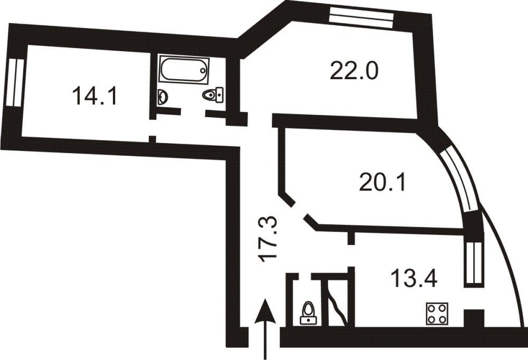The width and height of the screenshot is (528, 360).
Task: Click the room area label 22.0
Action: [x=354, y=71]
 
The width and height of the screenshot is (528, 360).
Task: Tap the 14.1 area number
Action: [x=95, y=96]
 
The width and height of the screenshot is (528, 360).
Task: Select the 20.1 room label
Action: [x=383, y=182]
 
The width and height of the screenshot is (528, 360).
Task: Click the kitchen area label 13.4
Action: [x=414, y=278]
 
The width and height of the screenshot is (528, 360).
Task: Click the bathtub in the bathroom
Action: [x=184, y=70]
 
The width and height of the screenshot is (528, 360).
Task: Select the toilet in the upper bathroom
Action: [x=213, y=94]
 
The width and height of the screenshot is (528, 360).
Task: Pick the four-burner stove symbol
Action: [x=437, y=314]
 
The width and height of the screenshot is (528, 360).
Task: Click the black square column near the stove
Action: [x=474, y=319]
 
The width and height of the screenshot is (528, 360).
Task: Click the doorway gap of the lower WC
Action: [x=305, y=277]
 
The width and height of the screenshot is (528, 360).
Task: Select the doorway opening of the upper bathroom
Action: [x=193, y=113]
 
